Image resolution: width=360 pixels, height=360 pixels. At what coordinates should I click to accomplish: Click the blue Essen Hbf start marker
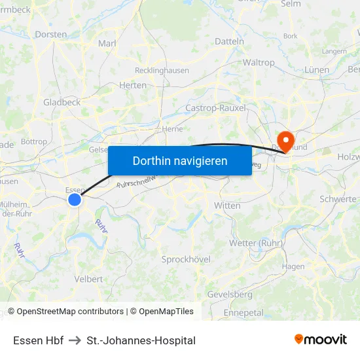(75, 200)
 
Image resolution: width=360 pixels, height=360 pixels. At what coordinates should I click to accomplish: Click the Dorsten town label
(50, 34)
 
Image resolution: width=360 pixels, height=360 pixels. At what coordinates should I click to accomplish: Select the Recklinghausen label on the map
(162, 71)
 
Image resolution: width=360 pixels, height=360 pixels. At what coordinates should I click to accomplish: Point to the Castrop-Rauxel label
(216, 108)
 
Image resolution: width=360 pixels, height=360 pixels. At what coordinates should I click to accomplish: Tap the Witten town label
(227, 206)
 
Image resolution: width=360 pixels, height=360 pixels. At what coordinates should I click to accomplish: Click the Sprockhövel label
(186, 259)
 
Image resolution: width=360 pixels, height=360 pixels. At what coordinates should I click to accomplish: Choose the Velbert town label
(88, 279)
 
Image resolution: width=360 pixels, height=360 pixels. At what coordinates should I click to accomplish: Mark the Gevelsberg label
(230, 295)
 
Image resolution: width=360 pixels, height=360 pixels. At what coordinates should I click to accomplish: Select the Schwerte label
(338, 199)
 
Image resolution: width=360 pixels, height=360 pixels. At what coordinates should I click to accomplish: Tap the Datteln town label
(229, 41)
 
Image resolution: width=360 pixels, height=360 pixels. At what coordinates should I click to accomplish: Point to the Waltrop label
(259, 63)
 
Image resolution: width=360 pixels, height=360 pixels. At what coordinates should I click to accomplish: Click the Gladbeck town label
(62, 102)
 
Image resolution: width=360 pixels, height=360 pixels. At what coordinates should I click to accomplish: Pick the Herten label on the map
(133, 85)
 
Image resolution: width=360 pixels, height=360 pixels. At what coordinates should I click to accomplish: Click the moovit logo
(321, 339)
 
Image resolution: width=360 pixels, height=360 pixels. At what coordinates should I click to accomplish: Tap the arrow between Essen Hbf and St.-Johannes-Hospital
(75, 340)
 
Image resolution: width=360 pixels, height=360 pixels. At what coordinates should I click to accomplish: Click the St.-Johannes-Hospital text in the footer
(141, 340)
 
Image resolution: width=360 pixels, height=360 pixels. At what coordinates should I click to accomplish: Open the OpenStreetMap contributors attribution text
(69, 312)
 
